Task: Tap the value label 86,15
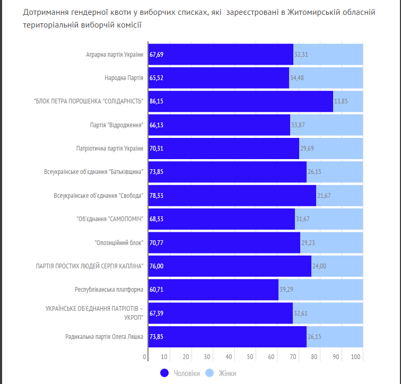(x=156, y=101)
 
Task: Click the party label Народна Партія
(x=124, y=78)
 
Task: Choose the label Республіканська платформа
(x=109, y=290)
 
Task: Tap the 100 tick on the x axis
(x=356, y=356)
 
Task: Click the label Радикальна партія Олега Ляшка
(x=104, y=337)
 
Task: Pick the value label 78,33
(x=156, y=196)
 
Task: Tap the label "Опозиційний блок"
(x=119, y=242)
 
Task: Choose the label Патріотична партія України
(x=110, y=149)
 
